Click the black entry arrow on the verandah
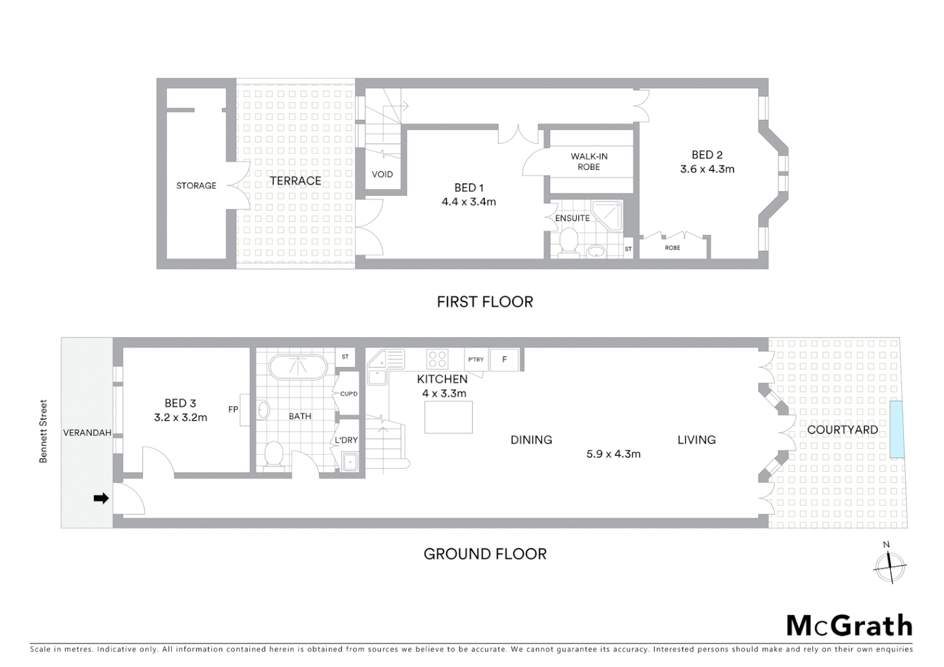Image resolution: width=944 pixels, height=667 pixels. click(101, 498)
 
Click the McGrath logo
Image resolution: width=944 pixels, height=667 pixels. click(849, 626)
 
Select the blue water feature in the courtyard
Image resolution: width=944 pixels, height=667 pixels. click(896, 429)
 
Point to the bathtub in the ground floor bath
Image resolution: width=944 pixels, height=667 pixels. click(298, 367)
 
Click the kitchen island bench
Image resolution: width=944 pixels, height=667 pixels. click(449, 417)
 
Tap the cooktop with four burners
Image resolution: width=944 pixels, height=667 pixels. click(437, 359)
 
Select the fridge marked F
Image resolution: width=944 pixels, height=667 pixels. click(505, 359)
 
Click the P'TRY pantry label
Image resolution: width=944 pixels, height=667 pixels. click(476, 359)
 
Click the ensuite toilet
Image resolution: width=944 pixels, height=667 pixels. click(568, 241)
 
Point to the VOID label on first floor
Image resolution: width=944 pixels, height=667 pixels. click(382, 174)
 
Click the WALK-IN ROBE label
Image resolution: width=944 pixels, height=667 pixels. click(589, 162)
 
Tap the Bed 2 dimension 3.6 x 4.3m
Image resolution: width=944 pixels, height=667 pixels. click(707, 169)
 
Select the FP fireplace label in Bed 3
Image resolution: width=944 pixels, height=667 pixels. click(233, 409)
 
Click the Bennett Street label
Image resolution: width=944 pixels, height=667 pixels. click(43, 431)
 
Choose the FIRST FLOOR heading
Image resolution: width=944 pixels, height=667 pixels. click(484, 302)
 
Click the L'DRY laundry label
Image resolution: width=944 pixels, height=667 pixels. click(346, 440)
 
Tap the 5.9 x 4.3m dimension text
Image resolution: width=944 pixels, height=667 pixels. click(613, 454)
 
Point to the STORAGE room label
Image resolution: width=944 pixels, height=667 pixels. click(196, 185)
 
